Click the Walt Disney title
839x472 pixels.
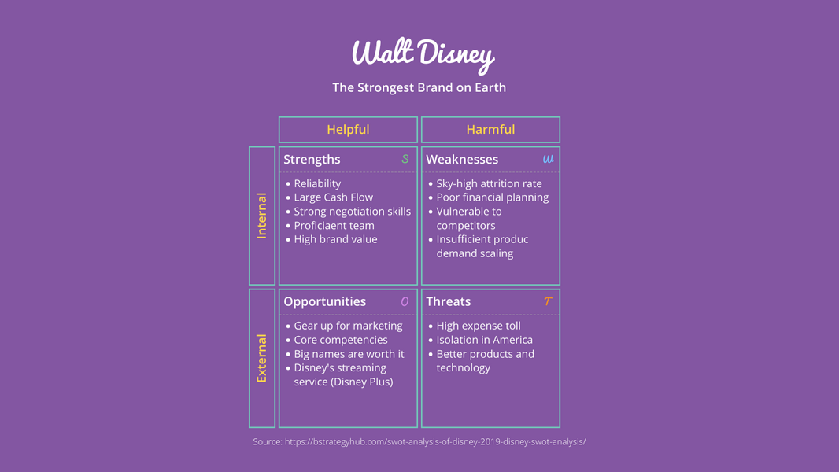[x=423, y=53]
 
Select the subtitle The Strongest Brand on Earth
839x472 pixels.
[x=419, y=87]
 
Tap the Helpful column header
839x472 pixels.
[x=348, y=129]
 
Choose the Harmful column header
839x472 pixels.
[x=490, y=129]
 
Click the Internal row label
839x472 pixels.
[x=262, y=216]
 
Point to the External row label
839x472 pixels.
[x=262, y=358]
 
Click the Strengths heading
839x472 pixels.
[x=312, y=159]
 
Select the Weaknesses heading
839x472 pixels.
[x=462, y=159]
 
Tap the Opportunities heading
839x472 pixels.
[x=324, y=301]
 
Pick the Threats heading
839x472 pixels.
[x=448, y=301]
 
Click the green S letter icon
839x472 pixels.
[x=405, y=159]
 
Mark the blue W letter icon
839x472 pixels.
[x=548, y=159]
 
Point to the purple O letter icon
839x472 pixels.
[x=405, y=301]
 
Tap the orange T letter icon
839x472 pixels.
[x=548, y=301]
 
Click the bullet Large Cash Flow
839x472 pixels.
[x=333, y=197]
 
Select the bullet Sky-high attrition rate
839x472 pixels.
[x=489, y=183]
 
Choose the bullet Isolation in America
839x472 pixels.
[x=484, y=340]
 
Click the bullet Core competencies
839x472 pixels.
[x=340, y=340]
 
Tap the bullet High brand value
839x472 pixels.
[x=335, y=239]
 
